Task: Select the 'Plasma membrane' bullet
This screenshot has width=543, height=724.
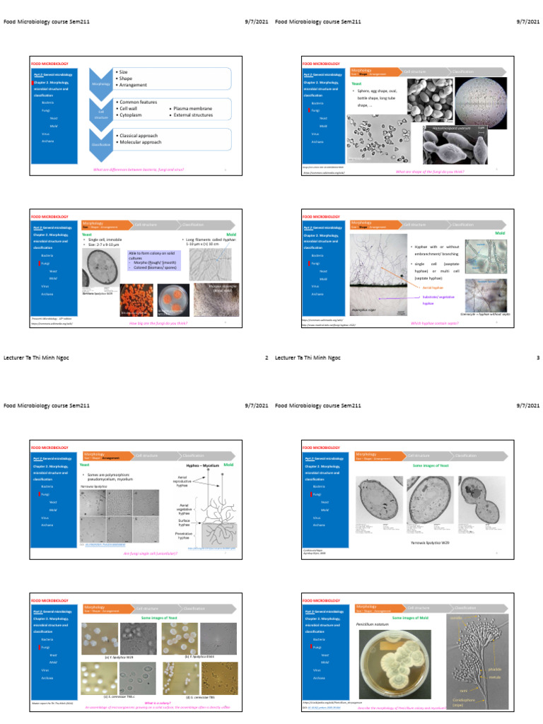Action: point(190,108)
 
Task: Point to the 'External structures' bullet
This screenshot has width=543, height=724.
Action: point(192,114)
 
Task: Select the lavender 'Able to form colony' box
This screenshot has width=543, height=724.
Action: point(154,260)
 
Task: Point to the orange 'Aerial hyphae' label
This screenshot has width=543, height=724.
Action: point(432,288)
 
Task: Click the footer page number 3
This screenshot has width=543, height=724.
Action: point(538,358)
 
